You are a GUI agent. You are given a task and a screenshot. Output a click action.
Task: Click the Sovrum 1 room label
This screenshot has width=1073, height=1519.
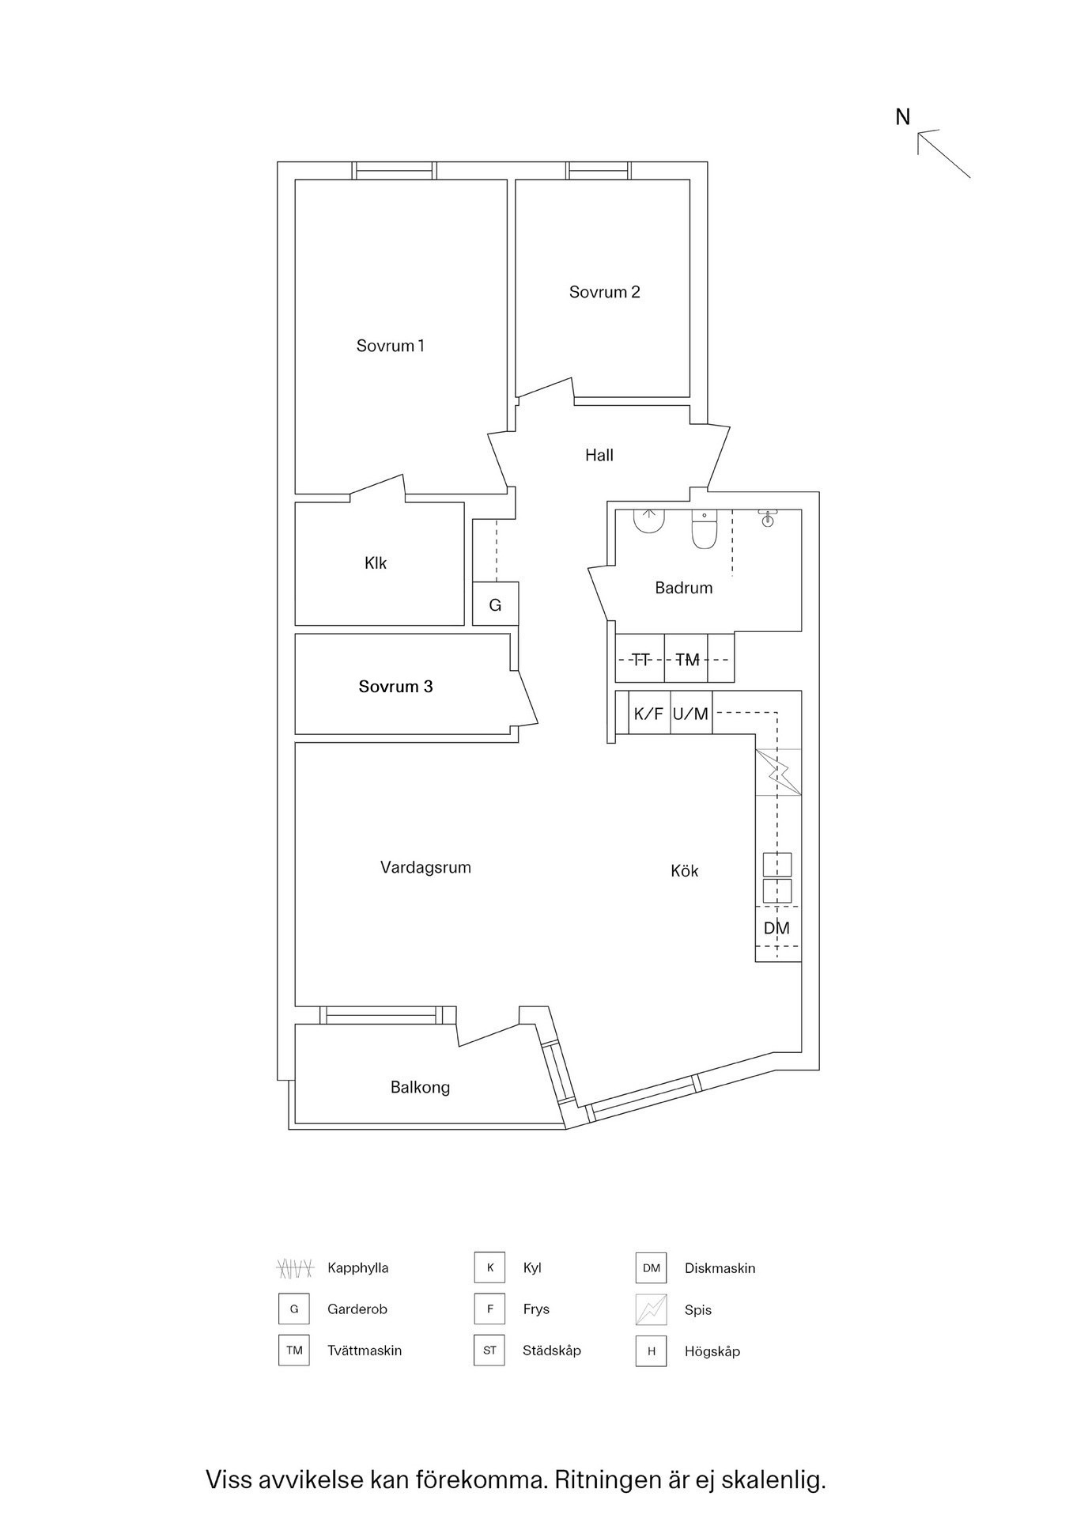point(390,346)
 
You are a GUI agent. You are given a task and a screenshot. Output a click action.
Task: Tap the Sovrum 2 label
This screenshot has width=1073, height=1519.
point(604,292)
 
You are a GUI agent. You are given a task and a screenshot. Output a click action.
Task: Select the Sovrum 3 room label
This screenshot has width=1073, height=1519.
point(395,687)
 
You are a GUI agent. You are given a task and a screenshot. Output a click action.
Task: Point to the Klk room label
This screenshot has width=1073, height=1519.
point(376,563)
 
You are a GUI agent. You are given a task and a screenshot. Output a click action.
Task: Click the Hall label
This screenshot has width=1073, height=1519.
point(599,455)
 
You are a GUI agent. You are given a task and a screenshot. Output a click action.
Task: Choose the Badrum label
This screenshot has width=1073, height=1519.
point(683,588)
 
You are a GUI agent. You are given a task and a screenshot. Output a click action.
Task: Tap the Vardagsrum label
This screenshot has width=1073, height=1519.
point(425,867)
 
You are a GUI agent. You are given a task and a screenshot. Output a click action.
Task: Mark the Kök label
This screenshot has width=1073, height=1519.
point(684,871)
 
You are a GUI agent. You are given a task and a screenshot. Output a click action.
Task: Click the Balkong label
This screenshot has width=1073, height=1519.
point(420,1087)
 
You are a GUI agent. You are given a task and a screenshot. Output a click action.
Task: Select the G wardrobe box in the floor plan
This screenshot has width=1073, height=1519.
point(495,604)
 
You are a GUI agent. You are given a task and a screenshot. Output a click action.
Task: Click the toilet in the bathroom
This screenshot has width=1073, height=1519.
point(703,529)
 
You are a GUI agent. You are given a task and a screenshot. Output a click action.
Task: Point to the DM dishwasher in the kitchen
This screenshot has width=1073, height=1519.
point(776,928)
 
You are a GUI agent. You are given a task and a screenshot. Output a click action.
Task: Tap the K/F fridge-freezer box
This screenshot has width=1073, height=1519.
point(648,714)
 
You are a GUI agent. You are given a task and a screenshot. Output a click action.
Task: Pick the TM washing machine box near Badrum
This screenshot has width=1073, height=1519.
point(687,659)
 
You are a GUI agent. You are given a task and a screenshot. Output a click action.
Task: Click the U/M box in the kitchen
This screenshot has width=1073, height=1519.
point(690,714)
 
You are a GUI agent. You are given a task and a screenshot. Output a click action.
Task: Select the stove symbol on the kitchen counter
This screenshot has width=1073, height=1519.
point(778,771)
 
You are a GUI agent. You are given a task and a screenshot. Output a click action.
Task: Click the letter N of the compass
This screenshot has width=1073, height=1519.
point(902,117)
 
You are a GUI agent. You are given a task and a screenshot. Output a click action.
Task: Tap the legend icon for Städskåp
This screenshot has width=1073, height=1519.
point(489,1350)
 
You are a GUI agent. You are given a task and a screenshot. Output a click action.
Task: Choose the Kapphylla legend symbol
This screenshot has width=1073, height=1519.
point(295,1268)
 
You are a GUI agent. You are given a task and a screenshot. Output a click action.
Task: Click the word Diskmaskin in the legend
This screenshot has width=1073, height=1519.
point(720,1268)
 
